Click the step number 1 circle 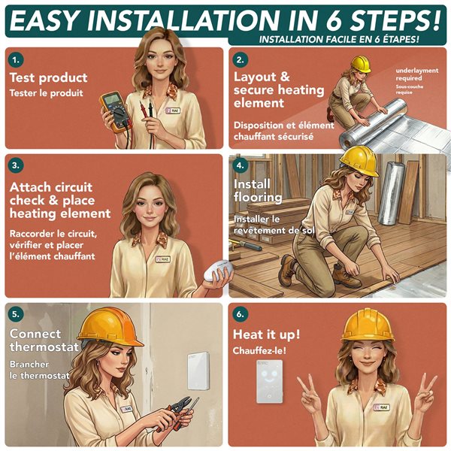click(16, 60)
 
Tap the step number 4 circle click(240, 165)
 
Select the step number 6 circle click(240, 314)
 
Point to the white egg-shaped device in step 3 click(218, 271)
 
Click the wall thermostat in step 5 click(198, 371)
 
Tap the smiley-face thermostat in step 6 click(270, 381)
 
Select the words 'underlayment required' click(417, 74)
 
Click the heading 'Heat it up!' click(266, 334)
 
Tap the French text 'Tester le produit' click(46, 93)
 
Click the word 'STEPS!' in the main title click(395, 21)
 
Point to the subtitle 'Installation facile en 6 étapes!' click(339, 39)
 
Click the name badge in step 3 click(163, 259)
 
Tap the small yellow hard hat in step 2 click(362, 64)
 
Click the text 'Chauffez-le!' click(259, 350)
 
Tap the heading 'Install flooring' click(258, 190)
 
